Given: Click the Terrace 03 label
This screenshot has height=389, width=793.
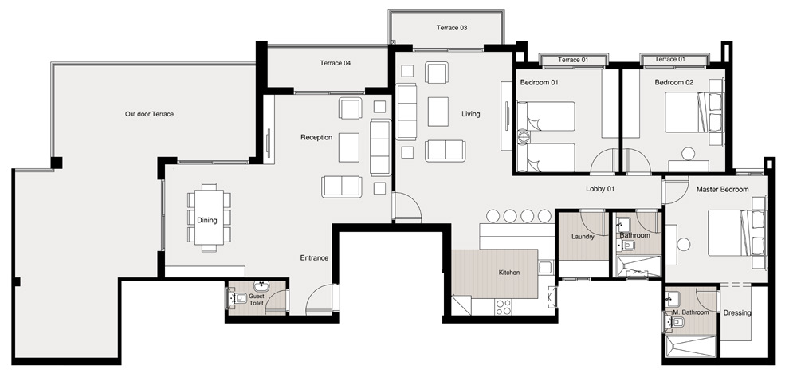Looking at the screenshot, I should click(451, 28).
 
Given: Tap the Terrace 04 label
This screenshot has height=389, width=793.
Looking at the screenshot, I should click(336, 63).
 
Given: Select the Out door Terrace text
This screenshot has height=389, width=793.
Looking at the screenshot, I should click(149, 114).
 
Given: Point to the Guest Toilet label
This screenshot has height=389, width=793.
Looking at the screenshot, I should click(257, 299).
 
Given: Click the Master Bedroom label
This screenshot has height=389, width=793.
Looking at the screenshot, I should click(722, 189).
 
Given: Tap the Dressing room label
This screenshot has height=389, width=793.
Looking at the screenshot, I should click(736, 312).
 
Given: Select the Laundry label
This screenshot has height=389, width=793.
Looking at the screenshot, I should click(583, 237).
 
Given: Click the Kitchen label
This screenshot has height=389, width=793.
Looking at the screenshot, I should click(509, 273).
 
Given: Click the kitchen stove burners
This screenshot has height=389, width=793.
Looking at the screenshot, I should click(503, 306).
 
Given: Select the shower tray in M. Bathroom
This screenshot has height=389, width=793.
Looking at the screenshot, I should click(690, 347).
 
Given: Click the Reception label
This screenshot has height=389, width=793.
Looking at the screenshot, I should click(316, 137).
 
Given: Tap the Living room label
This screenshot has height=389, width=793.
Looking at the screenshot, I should click(471, 114).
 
